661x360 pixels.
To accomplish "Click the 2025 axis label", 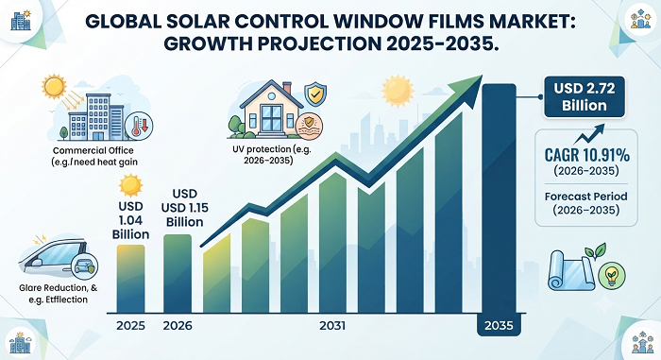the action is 130,326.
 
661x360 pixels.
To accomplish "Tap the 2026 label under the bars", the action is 178,326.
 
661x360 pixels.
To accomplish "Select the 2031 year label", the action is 332,326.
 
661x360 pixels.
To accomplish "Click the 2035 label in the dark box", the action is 499,325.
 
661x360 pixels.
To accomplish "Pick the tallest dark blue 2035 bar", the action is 500,198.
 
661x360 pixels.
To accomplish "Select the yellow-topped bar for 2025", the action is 130,279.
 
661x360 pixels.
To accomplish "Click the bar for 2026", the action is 178,273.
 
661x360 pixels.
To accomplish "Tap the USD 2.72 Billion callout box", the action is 585,96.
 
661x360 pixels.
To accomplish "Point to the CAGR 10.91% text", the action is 586,155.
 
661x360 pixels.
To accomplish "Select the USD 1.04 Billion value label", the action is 130,220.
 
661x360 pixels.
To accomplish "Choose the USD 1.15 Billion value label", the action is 185,208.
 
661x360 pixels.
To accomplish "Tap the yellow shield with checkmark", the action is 315,94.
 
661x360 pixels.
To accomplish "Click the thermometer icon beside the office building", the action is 139,126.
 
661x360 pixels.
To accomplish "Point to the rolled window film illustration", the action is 571,270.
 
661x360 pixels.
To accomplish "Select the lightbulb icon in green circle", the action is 612,276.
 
